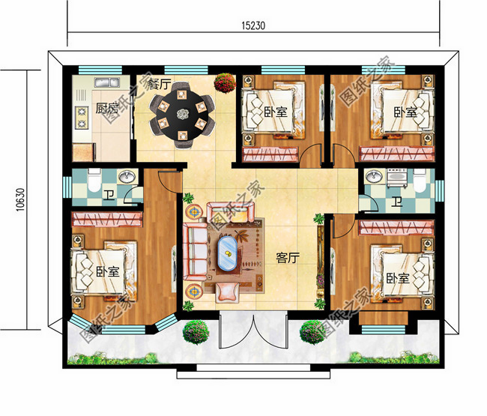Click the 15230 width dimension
point(254,24)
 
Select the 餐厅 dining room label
point(158,82)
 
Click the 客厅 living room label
point(288,258)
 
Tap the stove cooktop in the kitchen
point(81,116)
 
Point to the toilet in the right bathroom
point(419,183)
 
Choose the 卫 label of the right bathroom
point(395,202)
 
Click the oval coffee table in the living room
point(226,253)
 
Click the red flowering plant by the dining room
point(223,82)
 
